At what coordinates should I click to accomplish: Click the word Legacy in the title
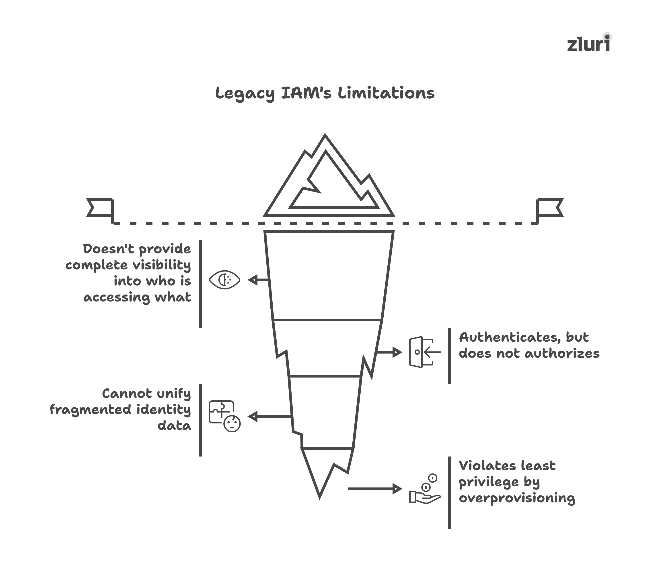[244, 93]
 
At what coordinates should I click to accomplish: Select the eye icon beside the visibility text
[224, 280]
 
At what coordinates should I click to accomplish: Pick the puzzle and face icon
[224, 416]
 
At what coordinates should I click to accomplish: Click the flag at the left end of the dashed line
[100, 208]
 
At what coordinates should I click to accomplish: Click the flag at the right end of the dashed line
[550, 208]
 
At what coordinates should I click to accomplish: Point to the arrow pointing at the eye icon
[258, 280]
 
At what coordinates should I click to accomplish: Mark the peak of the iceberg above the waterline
[325, 136]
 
